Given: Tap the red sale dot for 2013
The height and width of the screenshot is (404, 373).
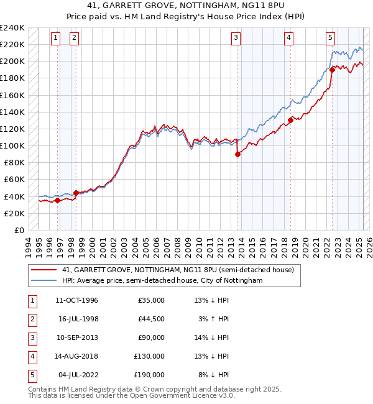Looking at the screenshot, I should point(238,155).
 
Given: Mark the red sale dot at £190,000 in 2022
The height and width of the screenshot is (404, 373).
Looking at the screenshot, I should point(332,70).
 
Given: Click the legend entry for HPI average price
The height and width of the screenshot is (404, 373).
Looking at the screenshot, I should point(163,280).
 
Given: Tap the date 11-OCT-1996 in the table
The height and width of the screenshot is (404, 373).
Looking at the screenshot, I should point(77,300).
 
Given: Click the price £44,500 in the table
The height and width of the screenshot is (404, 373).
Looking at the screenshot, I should point(150,319).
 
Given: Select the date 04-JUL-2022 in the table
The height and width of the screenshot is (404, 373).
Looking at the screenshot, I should point(78,375).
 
